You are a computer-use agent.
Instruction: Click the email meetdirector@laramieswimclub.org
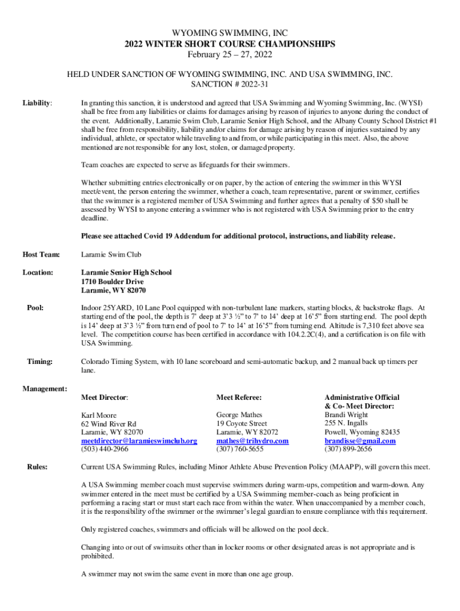click(x=139, y=441)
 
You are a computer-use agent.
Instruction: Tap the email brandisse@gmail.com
click(x=360, y=441)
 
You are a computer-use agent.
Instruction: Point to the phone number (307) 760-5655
click(x=240, y=449)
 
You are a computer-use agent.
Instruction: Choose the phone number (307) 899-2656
click(x=348, y=449)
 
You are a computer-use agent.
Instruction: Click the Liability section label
click(x=37, y=103)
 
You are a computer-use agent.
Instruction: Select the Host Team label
click(x=41, y=255)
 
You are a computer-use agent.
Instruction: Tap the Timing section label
click(x=40, y=361)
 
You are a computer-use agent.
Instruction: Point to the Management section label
click(x=45, y=389)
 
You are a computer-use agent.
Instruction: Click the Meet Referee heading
click(x=239, y=397)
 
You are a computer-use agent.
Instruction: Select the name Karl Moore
click(x=99, y=415)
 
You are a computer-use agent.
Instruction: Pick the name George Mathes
click(x=240, y=414)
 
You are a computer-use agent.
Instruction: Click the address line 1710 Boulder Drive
click(x=112, y=282)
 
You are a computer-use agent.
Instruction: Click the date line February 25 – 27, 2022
click(x=230, y=55)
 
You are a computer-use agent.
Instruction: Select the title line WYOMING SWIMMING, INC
click(x=230, y=33)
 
